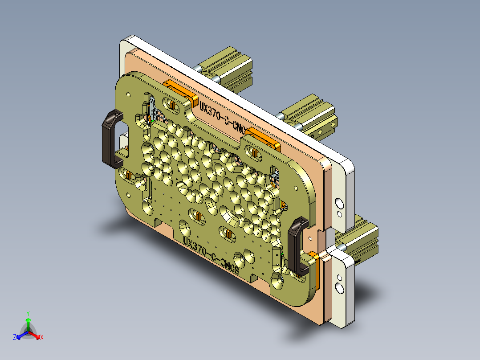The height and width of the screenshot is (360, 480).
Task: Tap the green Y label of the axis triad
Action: pyautogui.click(x=28, y=313)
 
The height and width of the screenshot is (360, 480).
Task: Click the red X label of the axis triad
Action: pyautogui.click(x=42, y=337)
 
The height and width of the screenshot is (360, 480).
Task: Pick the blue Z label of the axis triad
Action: pyautogui.click(x=15, y=337)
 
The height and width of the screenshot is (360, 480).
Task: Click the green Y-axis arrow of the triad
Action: pyautogui.click(x=28, y=323)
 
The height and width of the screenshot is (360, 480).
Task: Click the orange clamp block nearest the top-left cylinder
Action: pyautogui.click(x=180, y=91)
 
